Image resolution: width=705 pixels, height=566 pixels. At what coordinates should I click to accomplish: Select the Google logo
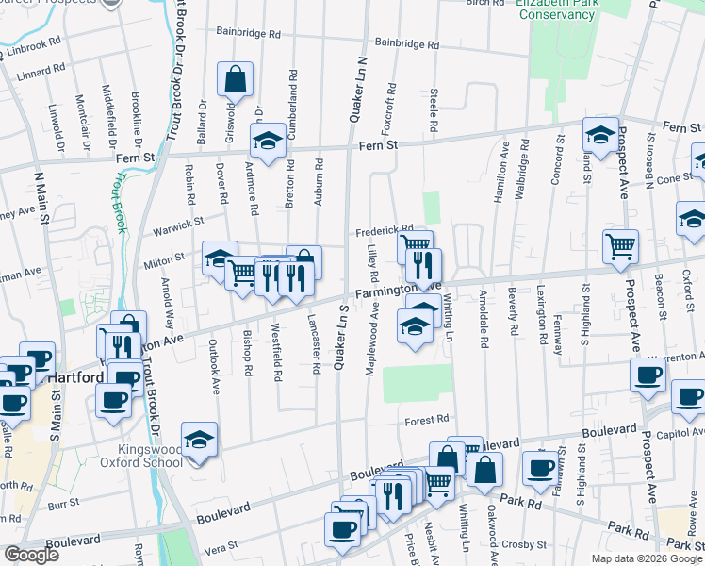pyautogui.click(x=31, y=555)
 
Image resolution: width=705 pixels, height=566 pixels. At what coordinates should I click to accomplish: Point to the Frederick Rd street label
pyautogui.click(x=384, y=230)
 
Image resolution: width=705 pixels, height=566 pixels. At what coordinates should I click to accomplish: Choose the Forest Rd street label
pyautogui.click(x=426, y=421)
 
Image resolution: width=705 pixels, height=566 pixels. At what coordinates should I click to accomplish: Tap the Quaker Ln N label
pyautogui.click(x=359, y=90)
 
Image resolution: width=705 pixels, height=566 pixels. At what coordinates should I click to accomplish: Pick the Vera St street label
pyautogui.click(x=220, y=546)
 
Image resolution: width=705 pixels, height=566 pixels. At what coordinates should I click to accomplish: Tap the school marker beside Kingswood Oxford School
pyautogui.click(x=198, y=441)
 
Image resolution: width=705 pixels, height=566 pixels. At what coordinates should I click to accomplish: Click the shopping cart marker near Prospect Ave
pyautogui.click(x=620, y=247)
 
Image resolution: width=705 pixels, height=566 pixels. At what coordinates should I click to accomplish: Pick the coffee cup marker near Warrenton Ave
pyautogui.click(x=648, y=374)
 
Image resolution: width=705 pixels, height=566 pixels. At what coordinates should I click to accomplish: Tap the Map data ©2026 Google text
pyautogui.click(x=646, y=558)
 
